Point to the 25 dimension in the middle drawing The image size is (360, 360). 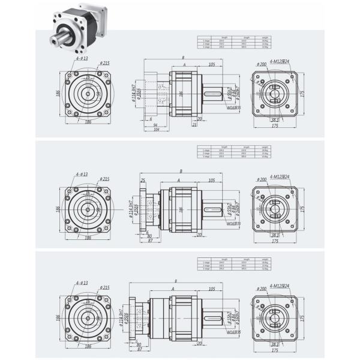pos(143,181)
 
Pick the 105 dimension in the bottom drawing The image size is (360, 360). pos(212,289)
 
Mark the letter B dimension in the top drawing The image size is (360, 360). pos(182,58)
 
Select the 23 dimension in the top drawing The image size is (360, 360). pos(194,125)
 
